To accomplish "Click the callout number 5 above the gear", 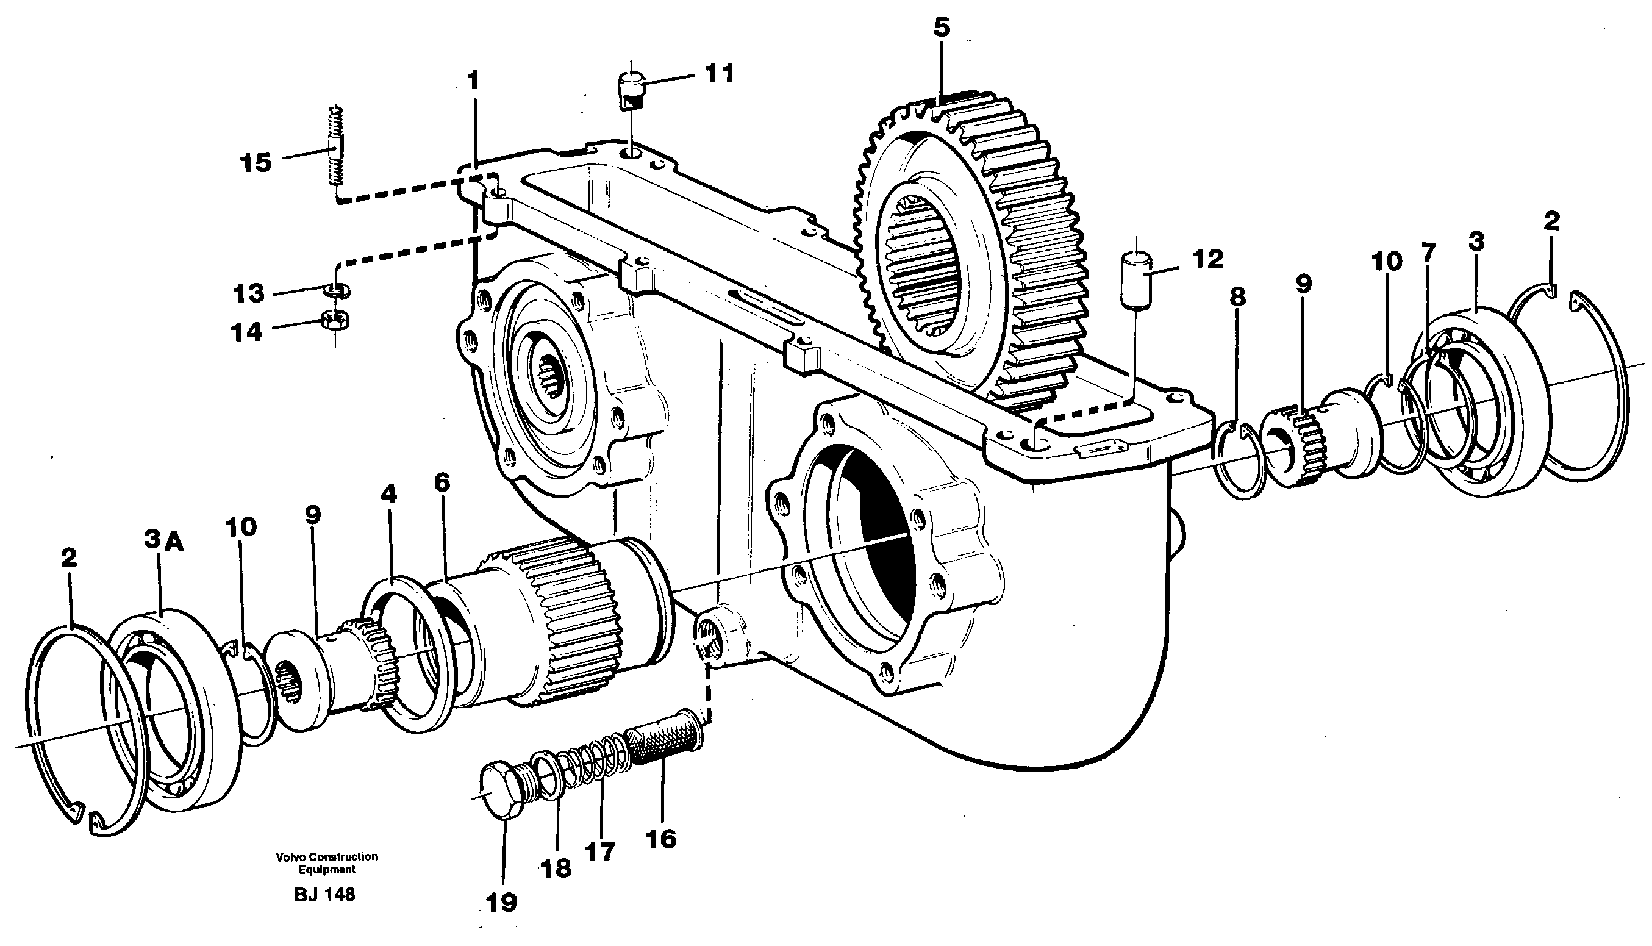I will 942,28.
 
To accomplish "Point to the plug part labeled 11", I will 629,91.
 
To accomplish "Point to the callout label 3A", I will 163,540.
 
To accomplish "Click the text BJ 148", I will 325,895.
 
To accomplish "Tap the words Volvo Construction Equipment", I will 327,863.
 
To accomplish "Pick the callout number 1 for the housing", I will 473,81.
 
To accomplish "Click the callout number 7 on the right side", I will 1428,253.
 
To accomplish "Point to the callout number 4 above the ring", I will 388,495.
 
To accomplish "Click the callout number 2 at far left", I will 68,558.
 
